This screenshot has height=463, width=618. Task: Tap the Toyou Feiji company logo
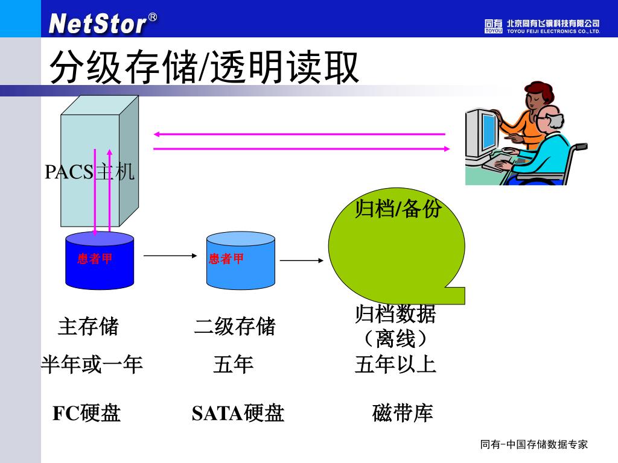[541, 26]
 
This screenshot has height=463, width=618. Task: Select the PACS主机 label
[89, 172]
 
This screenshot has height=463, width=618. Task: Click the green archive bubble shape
[396, 253]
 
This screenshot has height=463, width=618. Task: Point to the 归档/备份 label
[398, 209]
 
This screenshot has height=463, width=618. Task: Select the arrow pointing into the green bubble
[302, 260]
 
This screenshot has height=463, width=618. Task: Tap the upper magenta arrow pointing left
[299, 134]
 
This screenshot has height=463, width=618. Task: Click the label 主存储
[88, 327]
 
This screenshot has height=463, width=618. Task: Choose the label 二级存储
[235, 327]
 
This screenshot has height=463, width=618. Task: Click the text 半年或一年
[92, 365]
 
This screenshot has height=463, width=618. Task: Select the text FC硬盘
[87, 413]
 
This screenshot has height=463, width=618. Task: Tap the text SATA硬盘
[238, 413]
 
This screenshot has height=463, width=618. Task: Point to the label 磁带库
[403, 413]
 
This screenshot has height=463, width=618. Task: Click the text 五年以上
[395, 365]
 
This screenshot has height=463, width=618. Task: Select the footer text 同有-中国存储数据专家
[534, 445]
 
